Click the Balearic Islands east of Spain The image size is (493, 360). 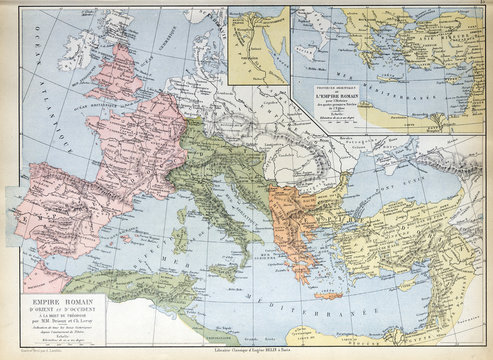(132, 243)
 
